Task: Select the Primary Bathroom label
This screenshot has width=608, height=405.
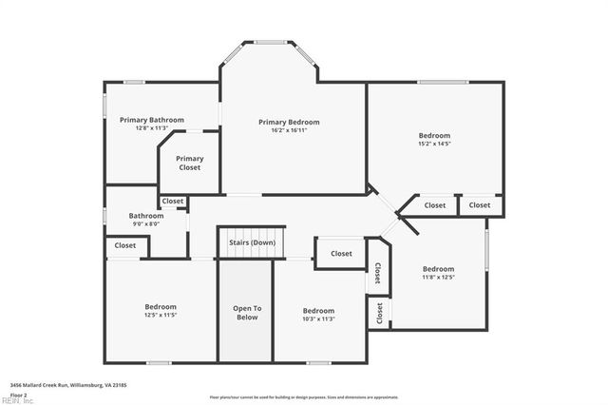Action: point(152,120)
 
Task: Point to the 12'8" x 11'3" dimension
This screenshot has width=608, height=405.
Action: point(152,128)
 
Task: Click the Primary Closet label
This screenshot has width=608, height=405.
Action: point(190,164)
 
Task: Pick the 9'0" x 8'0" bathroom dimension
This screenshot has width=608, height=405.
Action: point(145,224)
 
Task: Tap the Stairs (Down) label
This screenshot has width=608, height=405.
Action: point(252,242)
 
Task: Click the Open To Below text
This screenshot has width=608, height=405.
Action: point(246,313)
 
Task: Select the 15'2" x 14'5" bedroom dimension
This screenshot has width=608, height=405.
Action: point(434,145)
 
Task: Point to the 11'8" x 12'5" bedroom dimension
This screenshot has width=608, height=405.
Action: point(438,278)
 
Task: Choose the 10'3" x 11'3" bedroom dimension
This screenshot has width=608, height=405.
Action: point(318,319)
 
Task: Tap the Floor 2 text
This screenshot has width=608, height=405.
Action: point(18,394)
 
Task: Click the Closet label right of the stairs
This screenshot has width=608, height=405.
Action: point(341,254)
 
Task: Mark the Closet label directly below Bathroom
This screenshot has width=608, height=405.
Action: point(125,245)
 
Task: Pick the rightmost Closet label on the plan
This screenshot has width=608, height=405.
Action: point(480,205)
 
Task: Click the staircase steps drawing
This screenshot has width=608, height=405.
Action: point(252,232)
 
